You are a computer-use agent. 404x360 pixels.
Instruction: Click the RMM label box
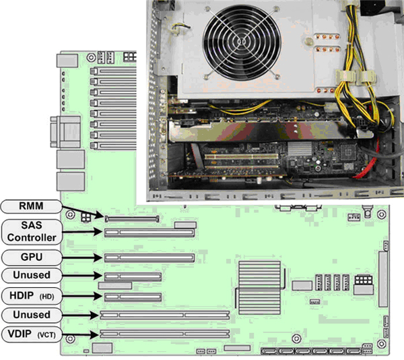[x=30, y=206]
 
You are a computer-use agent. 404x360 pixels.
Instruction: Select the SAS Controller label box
[x=30, y=231]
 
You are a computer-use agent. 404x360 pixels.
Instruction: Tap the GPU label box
[x=30, y=257]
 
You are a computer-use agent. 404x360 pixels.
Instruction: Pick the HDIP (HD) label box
[x=30, y=295]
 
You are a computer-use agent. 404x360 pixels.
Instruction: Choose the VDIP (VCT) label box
[x=30, y=334]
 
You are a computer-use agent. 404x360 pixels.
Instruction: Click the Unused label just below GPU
[x=30, y=276]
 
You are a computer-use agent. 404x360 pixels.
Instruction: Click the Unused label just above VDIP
[x=30, y=314]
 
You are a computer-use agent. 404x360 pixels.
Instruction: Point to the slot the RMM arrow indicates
[x=131, y=218]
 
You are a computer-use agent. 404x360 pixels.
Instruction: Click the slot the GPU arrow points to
[x=149, y=258]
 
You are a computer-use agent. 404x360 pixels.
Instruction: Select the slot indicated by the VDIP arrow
[x=165, y=334]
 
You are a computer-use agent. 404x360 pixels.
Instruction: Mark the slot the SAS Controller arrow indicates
[x=149, y=232]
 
